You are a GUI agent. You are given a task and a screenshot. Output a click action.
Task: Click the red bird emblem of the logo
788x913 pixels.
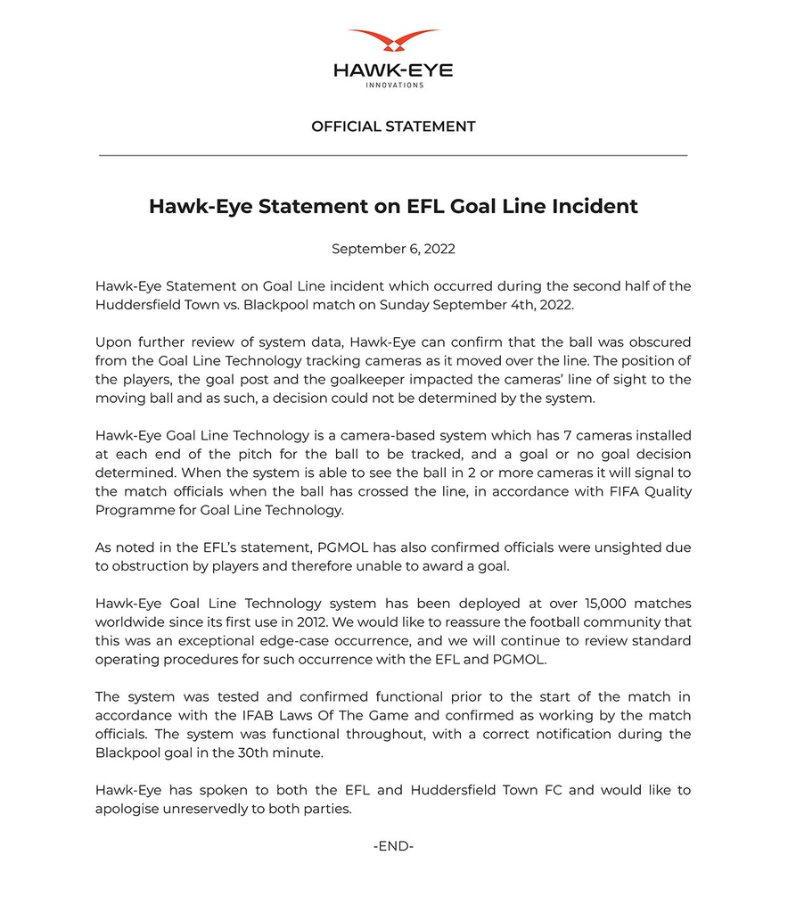pyautogui.click(x=394, y=41)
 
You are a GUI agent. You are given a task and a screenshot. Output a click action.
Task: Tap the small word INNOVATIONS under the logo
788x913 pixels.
pyautogui.click(x=394, y=86)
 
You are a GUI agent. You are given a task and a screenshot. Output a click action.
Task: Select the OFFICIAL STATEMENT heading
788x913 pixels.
pyautogui.click(x=393, y=127)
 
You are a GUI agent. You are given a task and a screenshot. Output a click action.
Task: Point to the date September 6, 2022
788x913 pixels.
pyautogui.click(x=393, y=249)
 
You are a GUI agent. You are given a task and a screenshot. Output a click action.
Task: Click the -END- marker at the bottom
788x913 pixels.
pyautogui.click(x=393, y=846)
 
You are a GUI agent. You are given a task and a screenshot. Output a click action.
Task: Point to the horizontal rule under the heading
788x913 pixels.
pyautogui.click(x=393, y=155)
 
